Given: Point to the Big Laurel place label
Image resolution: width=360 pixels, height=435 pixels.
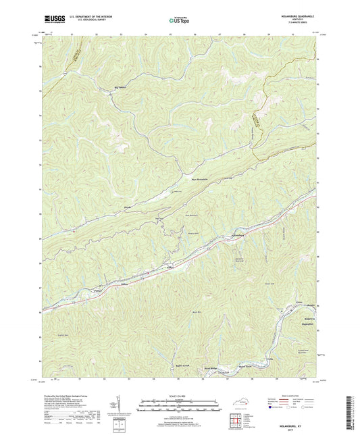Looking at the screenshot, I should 120,87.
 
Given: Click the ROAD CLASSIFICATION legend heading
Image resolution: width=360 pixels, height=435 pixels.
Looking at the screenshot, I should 292,396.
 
